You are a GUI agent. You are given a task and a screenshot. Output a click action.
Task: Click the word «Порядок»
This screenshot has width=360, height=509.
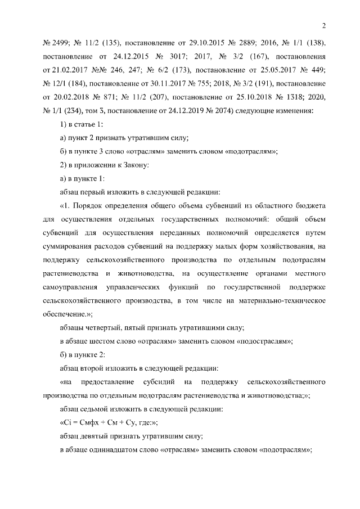click(85, 206)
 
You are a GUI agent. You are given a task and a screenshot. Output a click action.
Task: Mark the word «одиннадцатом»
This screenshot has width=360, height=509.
click(123, 450)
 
